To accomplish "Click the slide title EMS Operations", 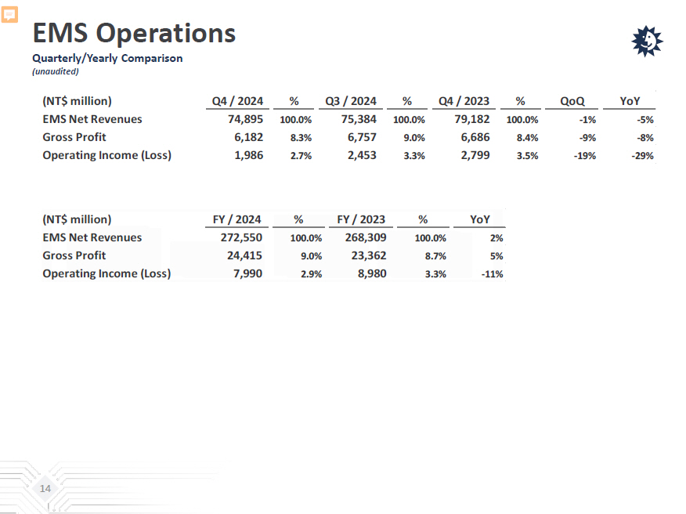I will pyautogui.click(x=134, y=33).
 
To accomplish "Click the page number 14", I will pyautogui.click(x=45, y=489).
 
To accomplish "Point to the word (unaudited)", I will pyautogui.click(x=56, y=71).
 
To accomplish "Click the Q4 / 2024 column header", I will pyautogui.click(x=237, y=101).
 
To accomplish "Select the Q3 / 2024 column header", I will pyautogui.click(x=351, y=101).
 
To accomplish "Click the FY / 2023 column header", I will pyautogui.click(x=361, y=219).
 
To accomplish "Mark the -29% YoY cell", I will pyautogui.click(x=643, y=156).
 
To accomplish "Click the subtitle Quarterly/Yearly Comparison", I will pyautogui.click(x=107, y=58).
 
